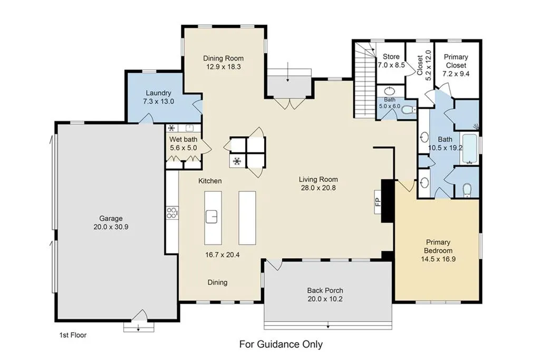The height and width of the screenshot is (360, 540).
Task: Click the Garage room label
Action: pyautogui.click(x=111, y=218)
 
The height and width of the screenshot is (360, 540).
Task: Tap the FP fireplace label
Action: pyautogui.click(x=378, y=202)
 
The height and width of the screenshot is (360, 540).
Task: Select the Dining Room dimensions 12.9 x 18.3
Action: pyautogui.click(x=224, y=67)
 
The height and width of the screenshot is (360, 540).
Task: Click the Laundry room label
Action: pyautogui.click(x=158, y=93)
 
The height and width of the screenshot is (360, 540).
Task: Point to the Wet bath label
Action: pyautogui.click(x=183, y=139)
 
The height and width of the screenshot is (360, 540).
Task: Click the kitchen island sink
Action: pyautogui.click(x=212, y=217)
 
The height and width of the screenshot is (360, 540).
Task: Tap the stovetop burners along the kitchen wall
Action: pyautogui.click(x=172, y=212)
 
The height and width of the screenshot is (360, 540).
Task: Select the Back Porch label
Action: pyautogui.click(x=325, y=290)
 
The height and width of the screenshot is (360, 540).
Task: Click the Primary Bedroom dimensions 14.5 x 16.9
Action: pyautogui.click(x=438, y=259)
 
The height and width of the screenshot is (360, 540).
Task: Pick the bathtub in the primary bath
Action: pyautogui.click(x=469, y=149)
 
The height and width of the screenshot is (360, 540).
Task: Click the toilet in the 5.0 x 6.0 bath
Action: pyautogui.click(x=409, y=110)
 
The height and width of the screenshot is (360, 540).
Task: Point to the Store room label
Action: pyautogui.click(x=391, y=57)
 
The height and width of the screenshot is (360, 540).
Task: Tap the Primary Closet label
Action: pyautogui.click(x=456, y=61)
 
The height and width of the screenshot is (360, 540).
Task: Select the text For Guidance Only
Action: pyautogui.click(x=281, y=344)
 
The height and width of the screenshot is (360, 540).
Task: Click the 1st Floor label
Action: pyautogui.click(x=73, y=335)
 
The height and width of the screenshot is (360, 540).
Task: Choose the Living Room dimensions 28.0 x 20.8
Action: pyautogui.click(x=318, y=188)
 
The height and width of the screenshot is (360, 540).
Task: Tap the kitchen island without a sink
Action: pyautogui.click(x=247, y=218)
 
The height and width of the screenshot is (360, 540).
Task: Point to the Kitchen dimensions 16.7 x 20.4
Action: pyautogui.click(x=223, y=255)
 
